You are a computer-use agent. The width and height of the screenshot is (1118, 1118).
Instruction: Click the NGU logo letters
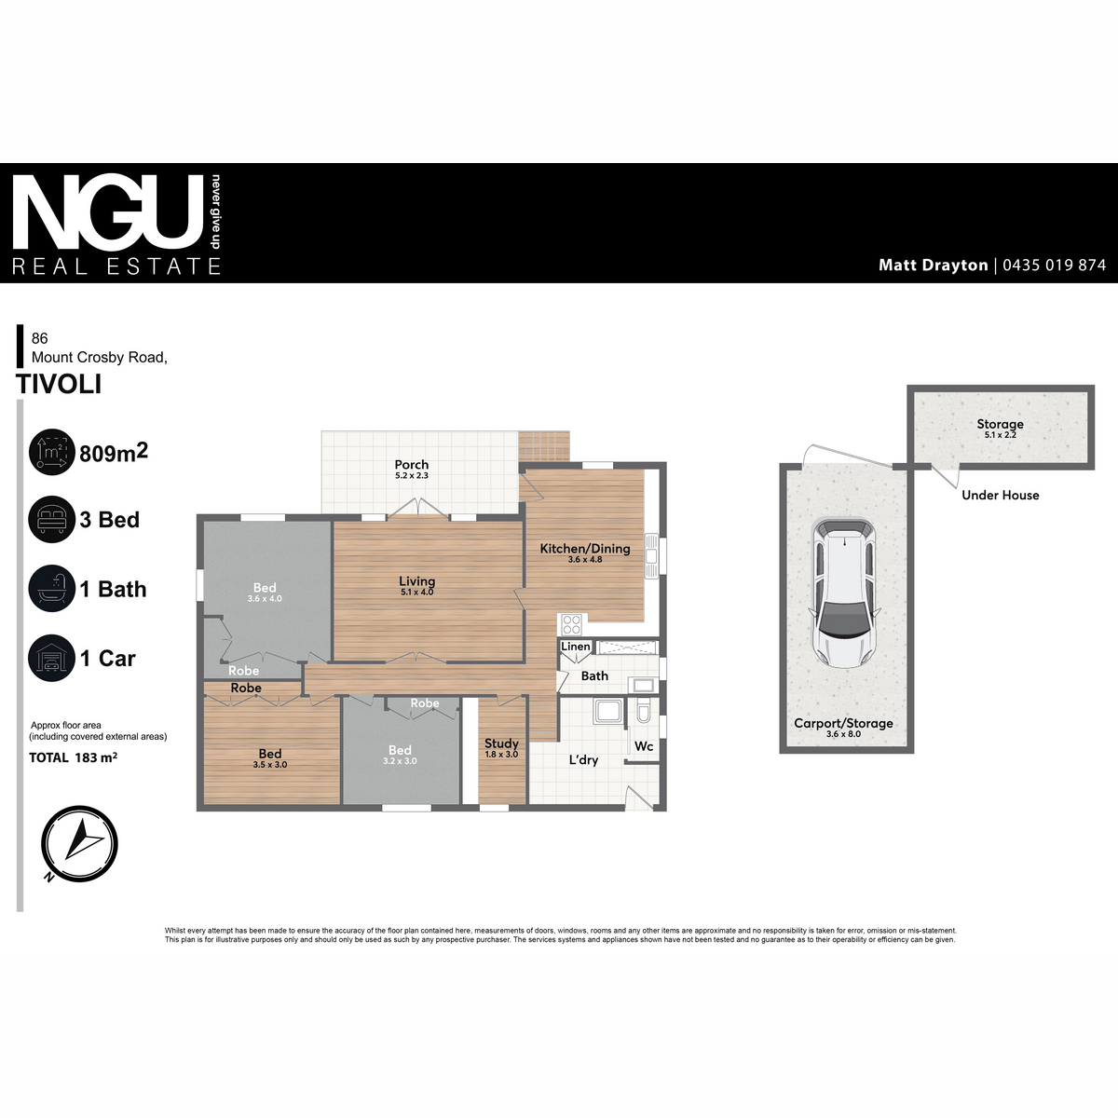click(108, 213)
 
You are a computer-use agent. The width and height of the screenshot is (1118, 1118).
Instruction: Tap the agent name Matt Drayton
click(933, 266)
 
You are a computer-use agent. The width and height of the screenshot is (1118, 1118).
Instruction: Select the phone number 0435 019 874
click(1054, 266)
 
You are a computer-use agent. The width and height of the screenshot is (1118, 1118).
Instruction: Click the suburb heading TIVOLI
click(59, 384)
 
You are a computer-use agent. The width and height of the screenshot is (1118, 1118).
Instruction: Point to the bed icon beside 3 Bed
click(51, 519)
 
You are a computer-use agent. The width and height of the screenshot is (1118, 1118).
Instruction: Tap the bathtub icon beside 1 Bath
click(51, 588)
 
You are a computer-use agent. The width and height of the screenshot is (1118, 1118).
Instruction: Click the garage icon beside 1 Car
click(51, 658)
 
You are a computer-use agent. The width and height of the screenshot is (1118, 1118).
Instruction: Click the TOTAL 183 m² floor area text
click(73, 757)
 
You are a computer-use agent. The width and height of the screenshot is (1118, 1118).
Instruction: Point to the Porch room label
click(412, 465)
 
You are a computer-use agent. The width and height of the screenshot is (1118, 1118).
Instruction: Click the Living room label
click(416, 581)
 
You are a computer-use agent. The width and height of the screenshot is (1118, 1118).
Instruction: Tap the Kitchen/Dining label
click(585, 549)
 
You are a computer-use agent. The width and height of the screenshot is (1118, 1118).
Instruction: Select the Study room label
click(501, 743)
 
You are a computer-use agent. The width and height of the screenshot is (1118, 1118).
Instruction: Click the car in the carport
click(844, 593)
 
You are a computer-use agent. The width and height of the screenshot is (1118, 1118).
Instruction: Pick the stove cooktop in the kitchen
click(571, 624)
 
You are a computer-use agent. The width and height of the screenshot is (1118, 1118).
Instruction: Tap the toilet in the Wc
click(644, 711)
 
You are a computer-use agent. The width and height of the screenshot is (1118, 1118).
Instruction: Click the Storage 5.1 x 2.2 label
click(1001, 429)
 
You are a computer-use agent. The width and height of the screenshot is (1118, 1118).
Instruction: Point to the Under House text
click(1001, 495)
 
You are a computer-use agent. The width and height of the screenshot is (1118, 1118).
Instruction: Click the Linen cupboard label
click(576, 647)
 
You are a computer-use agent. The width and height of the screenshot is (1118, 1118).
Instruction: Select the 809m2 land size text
click(114, 453)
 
